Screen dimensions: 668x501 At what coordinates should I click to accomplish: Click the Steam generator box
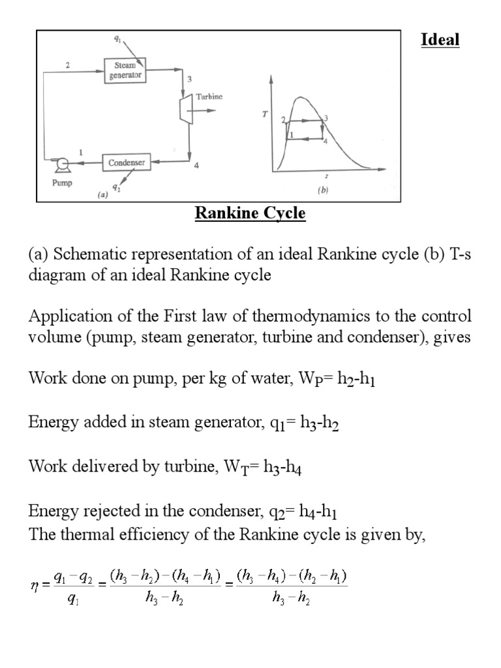point(124,70)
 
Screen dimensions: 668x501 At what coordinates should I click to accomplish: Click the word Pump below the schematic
point(62,183)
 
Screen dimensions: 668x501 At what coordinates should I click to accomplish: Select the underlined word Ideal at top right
point(440,40)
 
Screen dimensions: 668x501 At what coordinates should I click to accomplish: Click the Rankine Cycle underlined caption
point(250,214)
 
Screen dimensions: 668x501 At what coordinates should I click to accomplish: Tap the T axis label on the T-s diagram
point(264,114)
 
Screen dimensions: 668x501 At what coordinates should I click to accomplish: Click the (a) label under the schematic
point(102,194)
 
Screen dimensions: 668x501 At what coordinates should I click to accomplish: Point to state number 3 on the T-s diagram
point(325,117)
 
